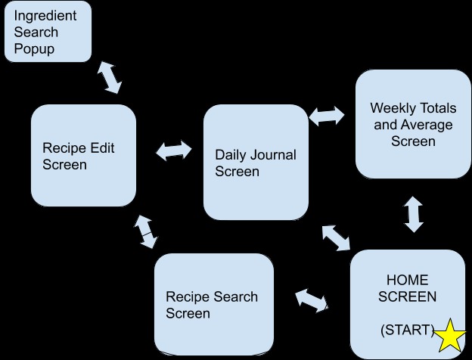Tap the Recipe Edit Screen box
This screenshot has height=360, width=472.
click(83, 155)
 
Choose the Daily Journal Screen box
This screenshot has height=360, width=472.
click(256, 163)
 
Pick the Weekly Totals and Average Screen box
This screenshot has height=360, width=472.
click(413, 124)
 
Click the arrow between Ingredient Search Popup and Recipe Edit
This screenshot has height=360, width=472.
click(110, 77)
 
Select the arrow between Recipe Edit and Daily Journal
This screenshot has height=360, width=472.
click(174, 151)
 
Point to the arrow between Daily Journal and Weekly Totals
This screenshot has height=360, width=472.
click(327, 116)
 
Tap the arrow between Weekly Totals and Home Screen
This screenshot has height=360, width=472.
click(413, 214)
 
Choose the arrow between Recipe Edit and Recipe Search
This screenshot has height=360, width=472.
click(145, 232)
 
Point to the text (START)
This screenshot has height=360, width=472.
click(408, 330)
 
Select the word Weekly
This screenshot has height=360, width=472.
click(392, 108)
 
